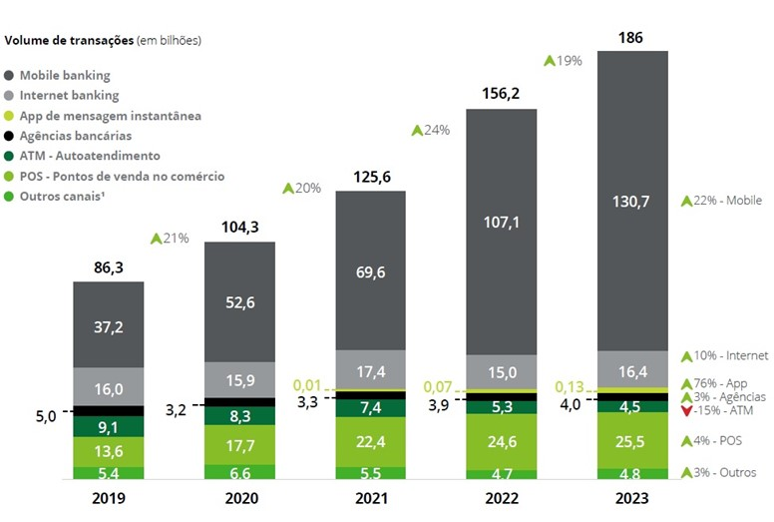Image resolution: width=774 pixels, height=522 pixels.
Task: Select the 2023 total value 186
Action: (x=630, y=38)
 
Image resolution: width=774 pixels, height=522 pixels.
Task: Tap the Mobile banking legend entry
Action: (x=64, y=75)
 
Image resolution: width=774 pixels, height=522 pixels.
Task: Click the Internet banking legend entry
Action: (x=69, y=96)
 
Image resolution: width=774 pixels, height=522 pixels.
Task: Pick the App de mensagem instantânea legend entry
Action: (x=110, y=116)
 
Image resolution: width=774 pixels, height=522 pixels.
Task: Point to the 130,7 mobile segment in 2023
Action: (x=632, y=201)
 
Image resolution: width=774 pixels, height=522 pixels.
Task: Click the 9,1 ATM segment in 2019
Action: (x=109, y=427)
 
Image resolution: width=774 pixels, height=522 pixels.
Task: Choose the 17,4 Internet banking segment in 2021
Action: (x=370, y=370)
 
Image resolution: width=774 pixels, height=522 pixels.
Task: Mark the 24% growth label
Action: (x=430, y=130)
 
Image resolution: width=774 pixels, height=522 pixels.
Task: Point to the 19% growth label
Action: (x=563, y=61)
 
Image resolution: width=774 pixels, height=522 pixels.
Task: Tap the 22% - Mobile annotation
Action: (x=720, y=201)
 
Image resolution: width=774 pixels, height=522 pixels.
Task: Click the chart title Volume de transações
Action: (x=70, y=41)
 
